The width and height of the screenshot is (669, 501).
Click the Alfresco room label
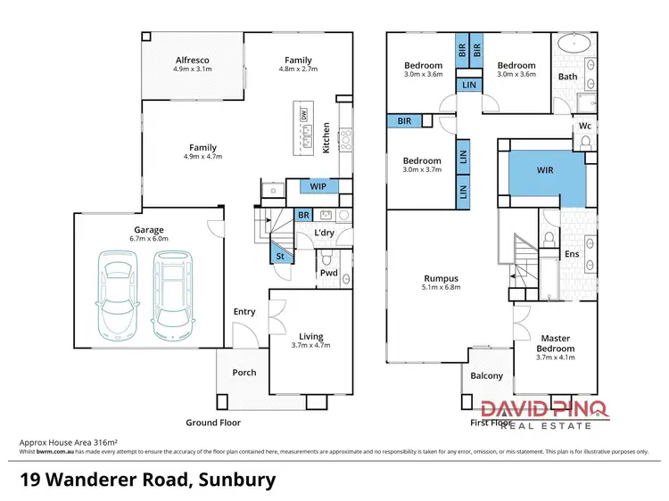tap(192, 61)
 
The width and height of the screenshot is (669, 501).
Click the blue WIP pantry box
tap(318, 186)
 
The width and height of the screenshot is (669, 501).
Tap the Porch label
tap(244, 373)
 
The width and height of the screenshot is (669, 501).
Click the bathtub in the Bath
tap(568, 45)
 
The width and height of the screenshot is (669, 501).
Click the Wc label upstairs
tap(585, 127)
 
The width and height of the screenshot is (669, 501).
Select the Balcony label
tap(486, 375)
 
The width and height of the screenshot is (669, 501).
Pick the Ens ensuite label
tap(572, 254)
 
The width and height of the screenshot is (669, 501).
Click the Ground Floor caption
tap(212, 423)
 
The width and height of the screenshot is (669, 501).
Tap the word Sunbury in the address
tap(235, 480)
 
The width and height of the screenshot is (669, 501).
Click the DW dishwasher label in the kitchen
tap(303, 114)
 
